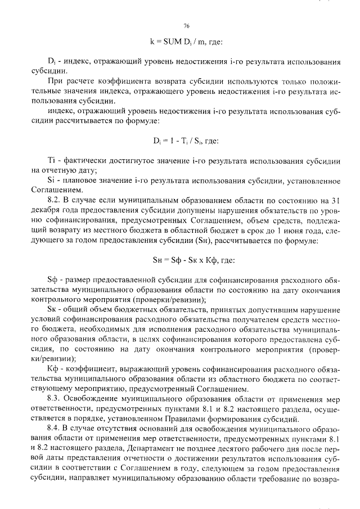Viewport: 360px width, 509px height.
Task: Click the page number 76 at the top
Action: point(186,26)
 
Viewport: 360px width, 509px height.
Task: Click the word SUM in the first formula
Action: point(169,42)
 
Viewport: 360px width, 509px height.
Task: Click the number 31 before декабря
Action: point(335,199)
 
